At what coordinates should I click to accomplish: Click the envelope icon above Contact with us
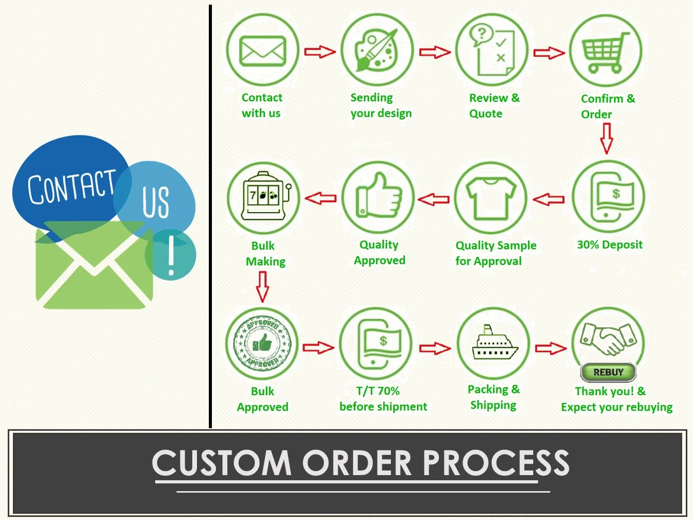(x=262, y=51)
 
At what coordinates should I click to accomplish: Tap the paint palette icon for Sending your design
(x=377, y=51)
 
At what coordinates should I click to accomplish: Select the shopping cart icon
(x=605, y=52)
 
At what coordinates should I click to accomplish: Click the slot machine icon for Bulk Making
(x=263, y=198)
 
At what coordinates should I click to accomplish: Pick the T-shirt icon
(x=491, y=198)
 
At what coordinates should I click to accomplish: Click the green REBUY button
(x=608, y=372)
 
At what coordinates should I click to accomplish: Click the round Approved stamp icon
(x=262, y=344)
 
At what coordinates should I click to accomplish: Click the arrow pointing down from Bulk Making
(x=262, y=287)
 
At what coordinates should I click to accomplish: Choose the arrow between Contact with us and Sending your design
(x=320, y=52)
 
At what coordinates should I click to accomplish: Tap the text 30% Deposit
(x=609, y=245)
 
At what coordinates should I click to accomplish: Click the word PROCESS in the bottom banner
(x=496, y=463)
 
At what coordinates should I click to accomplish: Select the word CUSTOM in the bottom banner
(x=222, y=463)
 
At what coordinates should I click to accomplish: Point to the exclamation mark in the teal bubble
(x=171, y=256)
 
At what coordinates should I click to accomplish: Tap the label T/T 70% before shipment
(x=383, y=399)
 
